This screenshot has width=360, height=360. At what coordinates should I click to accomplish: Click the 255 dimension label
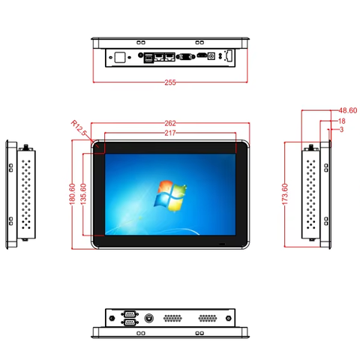click(x=170, y=82)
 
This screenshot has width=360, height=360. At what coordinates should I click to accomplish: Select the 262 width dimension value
click(x=170, y=123)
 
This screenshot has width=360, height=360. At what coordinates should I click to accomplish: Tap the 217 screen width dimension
click(x=170, y=133)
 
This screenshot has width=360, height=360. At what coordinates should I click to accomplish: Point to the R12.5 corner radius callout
click(x=79, y=127)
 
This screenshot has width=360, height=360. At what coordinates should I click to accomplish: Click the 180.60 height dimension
click(x=72, y=194)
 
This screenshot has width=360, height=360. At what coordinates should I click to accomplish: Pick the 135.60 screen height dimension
click(x=83, y=194)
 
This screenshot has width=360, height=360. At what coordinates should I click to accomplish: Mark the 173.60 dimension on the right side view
click(x=285, y=194)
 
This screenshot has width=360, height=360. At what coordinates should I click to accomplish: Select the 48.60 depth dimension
click(x=348, y=110)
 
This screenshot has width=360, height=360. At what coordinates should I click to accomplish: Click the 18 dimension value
click(x=342, y=121)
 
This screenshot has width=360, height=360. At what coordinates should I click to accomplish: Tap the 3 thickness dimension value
click(x=341, y=130)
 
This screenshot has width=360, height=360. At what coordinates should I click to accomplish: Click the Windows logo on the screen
click(x=170, y=196)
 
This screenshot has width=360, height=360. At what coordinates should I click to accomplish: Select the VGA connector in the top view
click(x=185, y=57)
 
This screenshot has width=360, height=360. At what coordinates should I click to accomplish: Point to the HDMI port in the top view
click(x=202, y=55)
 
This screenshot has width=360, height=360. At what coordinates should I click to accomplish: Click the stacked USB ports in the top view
click(x=148, y=58)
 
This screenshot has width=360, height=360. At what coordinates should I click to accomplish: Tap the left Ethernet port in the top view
click(x=159, y=57)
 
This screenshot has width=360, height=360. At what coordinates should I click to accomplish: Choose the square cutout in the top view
click(x=120, y=57)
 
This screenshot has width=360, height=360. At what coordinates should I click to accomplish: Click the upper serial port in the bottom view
click(x=130, y=313)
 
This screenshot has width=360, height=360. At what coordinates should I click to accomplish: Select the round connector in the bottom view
click(x=149, y=318)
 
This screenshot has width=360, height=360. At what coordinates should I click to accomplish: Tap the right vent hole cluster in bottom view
click(x=208, y=318)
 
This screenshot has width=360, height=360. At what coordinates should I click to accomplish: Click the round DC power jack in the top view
click(x=211, y=56)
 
